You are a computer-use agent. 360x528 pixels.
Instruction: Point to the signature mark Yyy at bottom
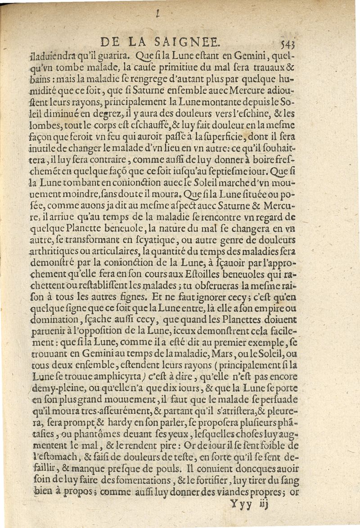tap(242, 504)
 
